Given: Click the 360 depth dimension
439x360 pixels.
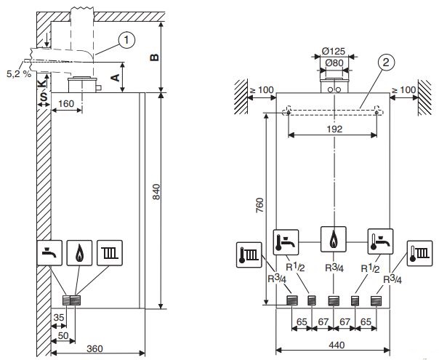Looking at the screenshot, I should coord(95,349).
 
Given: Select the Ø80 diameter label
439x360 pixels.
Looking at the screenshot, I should coord(333,63).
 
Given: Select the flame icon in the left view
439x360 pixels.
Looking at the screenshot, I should coord(78,252).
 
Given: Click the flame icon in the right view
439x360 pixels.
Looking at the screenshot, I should coord(333,239).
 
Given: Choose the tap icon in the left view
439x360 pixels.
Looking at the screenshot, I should coord(48,252).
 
